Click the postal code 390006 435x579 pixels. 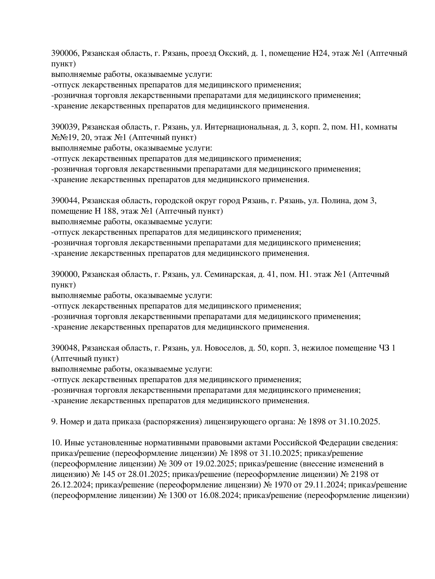[x=65, y=53]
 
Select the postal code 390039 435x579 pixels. [x=65, y=127]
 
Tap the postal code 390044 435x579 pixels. [x=65, y=201]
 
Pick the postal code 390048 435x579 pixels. [x=65, y=348]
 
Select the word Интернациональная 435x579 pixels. [x=241, y=127]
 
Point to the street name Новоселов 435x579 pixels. [x=225, y=348]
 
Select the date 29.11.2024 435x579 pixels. [x=324, y=485]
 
